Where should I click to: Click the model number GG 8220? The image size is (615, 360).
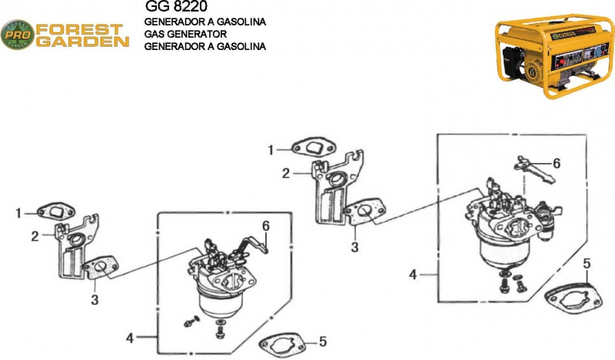click(176, 6)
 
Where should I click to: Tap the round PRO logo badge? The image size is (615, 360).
click(18, 35)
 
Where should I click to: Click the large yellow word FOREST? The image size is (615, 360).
click(79, 29)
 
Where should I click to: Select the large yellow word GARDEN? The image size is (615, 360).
click(82, 42)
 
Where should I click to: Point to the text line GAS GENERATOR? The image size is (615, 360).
click(185, 34)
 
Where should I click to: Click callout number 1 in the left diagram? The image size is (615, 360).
click(18, 213)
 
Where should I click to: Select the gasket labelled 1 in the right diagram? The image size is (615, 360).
click(314, 147)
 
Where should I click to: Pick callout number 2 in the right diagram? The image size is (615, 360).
click(286, 173)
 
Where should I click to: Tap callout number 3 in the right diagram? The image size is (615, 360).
click(354, 248)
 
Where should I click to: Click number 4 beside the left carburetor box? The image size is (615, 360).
click(130, 338)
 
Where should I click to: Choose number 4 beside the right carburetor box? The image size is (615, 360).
click(413, 275)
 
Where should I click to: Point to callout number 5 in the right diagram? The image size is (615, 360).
click(587, 264)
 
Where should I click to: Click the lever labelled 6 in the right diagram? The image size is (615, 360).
click(534, 169)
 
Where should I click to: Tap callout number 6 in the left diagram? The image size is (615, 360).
click(266, 226)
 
